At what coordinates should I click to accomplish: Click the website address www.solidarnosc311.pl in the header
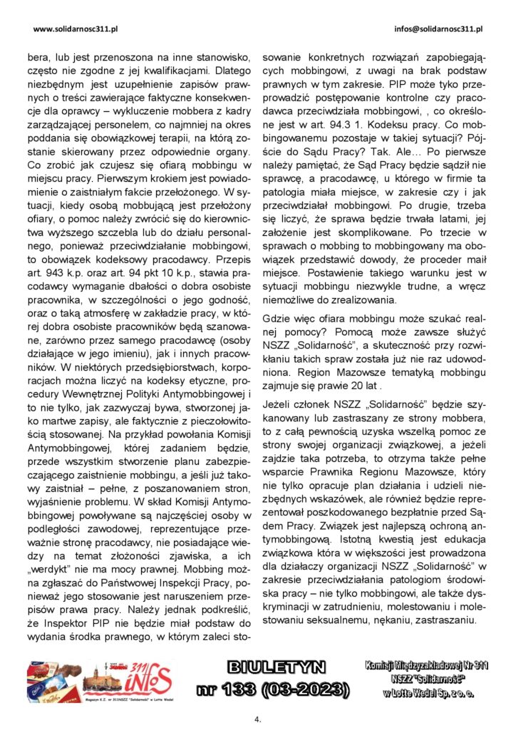click(76, 29)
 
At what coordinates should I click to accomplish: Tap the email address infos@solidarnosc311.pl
click(438, 29)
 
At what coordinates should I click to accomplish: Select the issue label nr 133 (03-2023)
click(273, 689)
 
